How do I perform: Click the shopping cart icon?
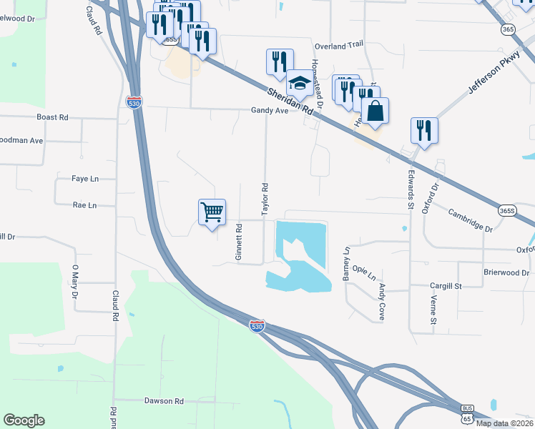[x=212, y=212]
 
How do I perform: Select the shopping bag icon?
[x=375, y=111]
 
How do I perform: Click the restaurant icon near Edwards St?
[x=424, y=131]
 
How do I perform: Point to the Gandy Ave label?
[x=269, y=111]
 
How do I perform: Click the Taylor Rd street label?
[x=265, y=199]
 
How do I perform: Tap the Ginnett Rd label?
[x=240, y=242]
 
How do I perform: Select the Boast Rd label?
[x=52, y=117]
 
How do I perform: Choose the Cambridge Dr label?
[x=471, y=220]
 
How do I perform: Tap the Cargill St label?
[x=446, y=285]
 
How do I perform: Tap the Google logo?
[x=24, y=420]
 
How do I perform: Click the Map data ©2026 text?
[x=504, y=423]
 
